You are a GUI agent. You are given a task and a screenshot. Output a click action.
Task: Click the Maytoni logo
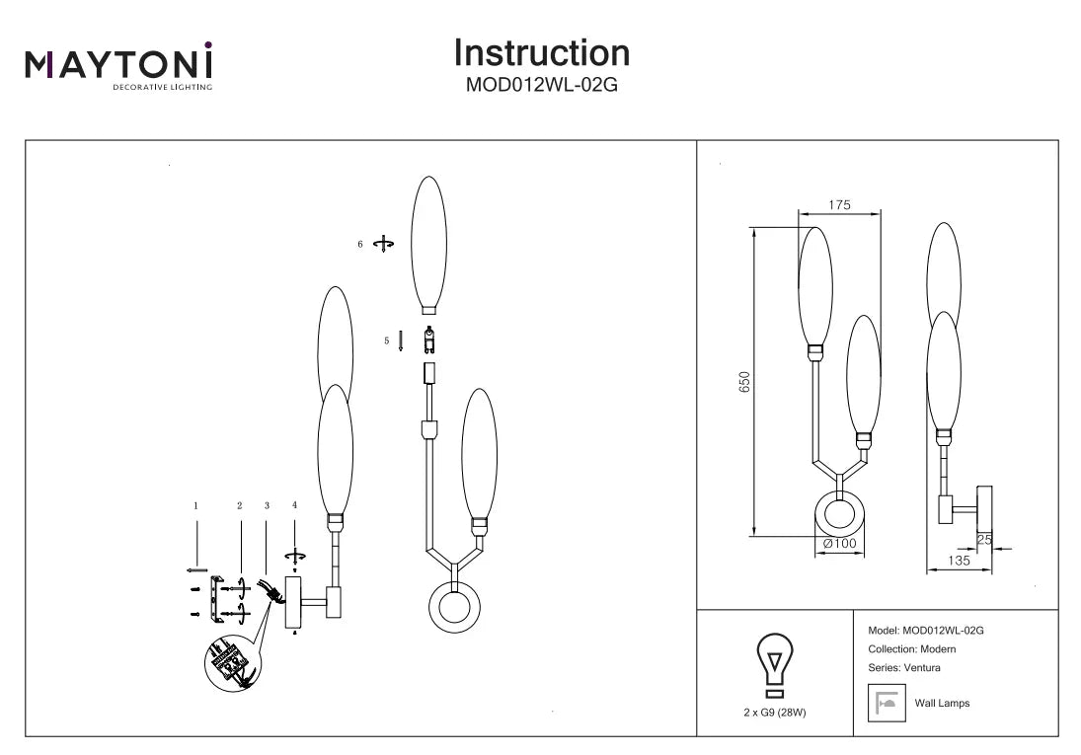click(x=118, y=66)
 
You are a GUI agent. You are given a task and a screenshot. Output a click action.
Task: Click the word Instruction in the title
click(x=541, y=52)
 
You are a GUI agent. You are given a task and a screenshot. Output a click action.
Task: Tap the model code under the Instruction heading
click(x=541, y=85)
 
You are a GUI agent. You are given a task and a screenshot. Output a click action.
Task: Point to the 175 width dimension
click(x=839, y=205)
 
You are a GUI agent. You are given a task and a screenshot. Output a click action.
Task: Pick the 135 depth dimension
click(x=957, y=560)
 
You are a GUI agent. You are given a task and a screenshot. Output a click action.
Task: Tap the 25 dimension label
click(x=983, y=539)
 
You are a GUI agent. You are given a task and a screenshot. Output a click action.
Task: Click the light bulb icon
click(x=775, y=662)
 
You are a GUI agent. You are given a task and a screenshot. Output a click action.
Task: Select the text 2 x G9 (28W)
click(x=775, y=712)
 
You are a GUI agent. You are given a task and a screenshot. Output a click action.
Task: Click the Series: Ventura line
click(x=904, y=668)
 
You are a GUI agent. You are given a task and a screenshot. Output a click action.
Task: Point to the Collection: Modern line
click(x=911, y=649)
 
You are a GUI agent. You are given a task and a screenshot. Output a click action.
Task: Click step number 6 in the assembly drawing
click(x=360, y=243)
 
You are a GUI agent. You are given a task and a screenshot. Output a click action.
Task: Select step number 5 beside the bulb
click(x=387, y=340)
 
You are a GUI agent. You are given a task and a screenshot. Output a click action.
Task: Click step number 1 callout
click(x=196, y=505)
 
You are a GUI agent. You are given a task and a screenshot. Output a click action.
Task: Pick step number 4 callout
click(x=294, y=505)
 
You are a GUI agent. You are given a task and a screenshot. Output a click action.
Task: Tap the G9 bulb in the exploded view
click(x=429, y=340)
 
